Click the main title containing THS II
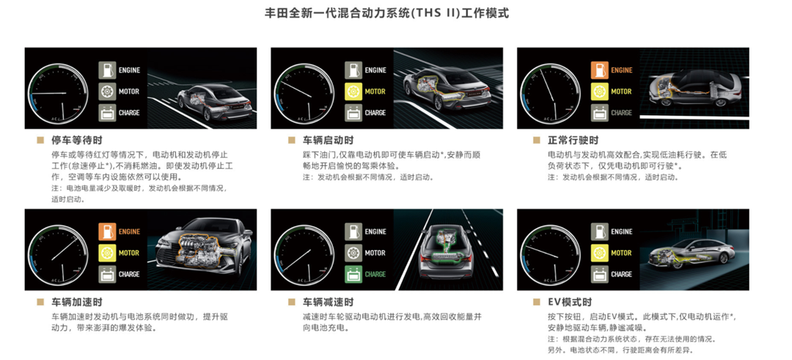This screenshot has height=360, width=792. click(387, 13)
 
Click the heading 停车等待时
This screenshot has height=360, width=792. click(77, 140)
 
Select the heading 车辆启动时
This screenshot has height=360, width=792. click(329, 140)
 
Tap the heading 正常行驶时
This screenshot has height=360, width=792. click(573, 140)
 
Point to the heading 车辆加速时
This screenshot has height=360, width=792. click(77, 302)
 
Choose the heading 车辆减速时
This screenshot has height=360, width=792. click(329, 302)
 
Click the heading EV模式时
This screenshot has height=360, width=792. click(570, 302)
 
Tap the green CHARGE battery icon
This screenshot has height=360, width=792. click(353, 274)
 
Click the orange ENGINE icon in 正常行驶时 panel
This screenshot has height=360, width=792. click(600, 70)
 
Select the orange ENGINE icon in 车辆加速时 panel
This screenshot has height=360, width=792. click(107, 232)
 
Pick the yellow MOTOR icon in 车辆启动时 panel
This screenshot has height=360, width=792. click(353, 92)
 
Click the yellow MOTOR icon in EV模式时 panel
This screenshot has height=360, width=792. click(600, 253)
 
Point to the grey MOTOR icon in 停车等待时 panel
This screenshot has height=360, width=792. click(107, 92)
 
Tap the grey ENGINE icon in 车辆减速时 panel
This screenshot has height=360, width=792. click(353, 232)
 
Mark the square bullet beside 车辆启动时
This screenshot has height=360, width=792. click(291, 140)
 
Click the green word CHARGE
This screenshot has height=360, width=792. click(375, 274)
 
